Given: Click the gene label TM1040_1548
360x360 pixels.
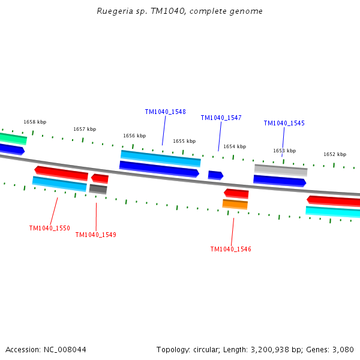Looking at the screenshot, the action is point(165,112).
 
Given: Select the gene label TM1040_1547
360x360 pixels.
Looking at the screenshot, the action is point(221,118).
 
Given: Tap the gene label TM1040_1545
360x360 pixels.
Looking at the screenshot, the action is point(284,124).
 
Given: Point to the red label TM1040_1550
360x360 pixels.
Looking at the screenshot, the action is point(49,229).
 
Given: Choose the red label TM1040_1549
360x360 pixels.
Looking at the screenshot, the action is point(95,235).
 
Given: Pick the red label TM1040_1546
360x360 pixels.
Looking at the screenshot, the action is point(230,250).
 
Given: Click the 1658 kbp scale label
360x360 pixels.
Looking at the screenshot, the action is point(34,122).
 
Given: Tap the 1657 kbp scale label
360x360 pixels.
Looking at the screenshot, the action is point(85,129).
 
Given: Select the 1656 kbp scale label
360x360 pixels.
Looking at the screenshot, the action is point(134,136).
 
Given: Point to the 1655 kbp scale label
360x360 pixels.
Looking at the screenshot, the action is point(184,142).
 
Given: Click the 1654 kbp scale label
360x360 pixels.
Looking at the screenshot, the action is point(235,146).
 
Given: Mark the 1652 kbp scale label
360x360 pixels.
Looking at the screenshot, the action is point(334,154).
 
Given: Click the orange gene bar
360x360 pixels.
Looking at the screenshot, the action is point(235,204).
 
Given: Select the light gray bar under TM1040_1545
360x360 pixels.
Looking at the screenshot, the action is point(280,170).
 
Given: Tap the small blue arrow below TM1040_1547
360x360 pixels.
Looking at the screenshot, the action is point(215,175).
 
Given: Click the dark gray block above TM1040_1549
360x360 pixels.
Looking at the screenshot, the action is point(98,189).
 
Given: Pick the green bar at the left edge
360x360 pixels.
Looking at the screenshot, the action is point(13,139).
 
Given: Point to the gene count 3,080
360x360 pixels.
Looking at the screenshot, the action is point(343,349).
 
